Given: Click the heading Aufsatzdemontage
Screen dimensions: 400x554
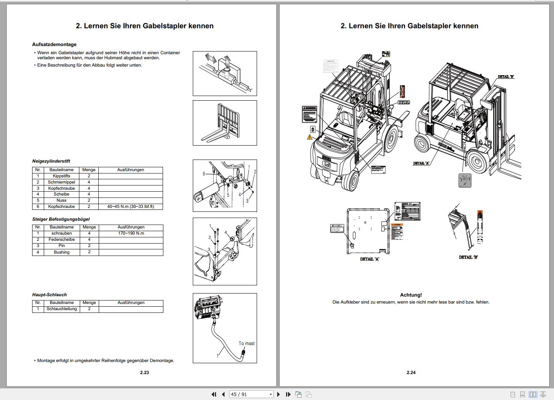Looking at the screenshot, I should tap(54, 45).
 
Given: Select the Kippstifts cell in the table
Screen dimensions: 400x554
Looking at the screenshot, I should tap(61, 176).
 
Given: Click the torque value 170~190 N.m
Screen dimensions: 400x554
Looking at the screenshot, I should tap(131, 233).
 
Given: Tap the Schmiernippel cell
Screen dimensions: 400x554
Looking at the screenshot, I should tap(61, 182).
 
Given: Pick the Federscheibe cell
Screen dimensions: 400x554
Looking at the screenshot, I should tap(62, 240).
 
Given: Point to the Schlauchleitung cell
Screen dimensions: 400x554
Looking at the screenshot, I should tap(62, 309).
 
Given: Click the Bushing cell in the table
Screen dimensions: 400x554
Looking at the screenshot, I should tap(62, 252).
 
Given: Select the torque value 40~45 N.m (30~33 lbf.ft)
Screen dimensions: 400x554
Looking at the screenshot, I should tap(130, 207).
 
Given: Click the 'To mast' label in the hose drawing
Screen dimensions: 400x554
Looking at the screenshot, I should tap(247, 343).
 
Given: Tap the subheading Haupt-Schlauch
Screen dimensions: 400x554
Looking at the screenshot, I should tap(49, 295).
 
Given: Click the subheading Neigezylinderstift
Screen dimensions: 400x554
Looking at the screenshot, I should tap(51, 161).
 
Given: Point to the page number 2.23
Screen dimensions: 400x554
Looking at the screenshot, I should tap(144, 373).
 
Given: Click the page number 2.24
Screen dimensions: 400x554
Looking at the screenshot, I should tap(411, 373).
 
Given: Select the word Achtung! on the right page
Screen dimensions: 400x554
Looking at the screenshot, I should tap(411, 295).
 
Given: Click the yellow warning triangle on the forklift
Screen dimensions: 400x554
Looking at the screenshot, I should tap(310, 137).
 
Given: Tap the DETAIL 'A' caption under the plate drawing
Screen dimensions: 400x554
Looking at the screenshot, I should tap(369, 259).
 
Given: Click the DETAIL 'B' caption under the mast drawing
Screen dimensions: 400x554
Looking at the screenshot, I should tap(468, 257).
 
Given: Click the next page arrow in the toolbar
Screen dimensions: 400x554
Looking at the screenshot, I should tap(278, 394).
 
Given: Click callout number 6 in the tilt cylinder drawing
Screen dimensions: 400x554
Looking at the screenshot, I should tap(204, 174).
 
